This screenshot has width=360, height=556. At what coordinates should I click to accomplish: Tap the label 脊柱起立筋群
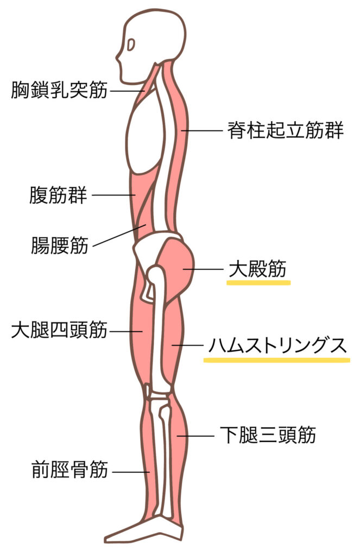click(286, 130)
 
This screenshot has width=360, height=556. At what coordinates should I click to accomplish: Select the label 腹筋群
click(58, 194)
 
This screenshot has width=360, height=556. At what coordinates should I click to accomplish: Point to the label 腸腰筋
click(60, 245)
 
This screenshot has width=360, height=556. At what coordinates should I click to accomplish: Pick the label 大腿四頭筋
click(59, 330)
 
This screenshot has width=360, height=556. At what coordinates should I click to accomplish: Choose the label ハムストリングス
click(277, 345)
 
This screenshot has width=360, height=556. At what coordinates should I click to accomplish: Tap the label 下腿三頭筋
click(268, 435)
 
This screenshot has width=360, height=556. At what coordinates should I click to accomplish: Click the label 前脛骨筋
click(70, 469)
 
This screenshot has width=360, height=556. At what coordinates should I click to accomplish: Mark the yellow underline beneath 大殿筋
click(258, 282)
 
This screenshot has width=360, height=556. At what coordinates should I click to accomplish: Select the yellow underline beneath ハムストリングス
click(276, 359)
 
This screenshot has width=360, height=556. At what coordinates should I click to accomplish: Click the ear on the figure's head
click(131, 45)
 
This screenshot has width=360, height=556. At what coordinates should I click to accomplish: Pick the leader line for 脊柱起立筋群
click(201, 130)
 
